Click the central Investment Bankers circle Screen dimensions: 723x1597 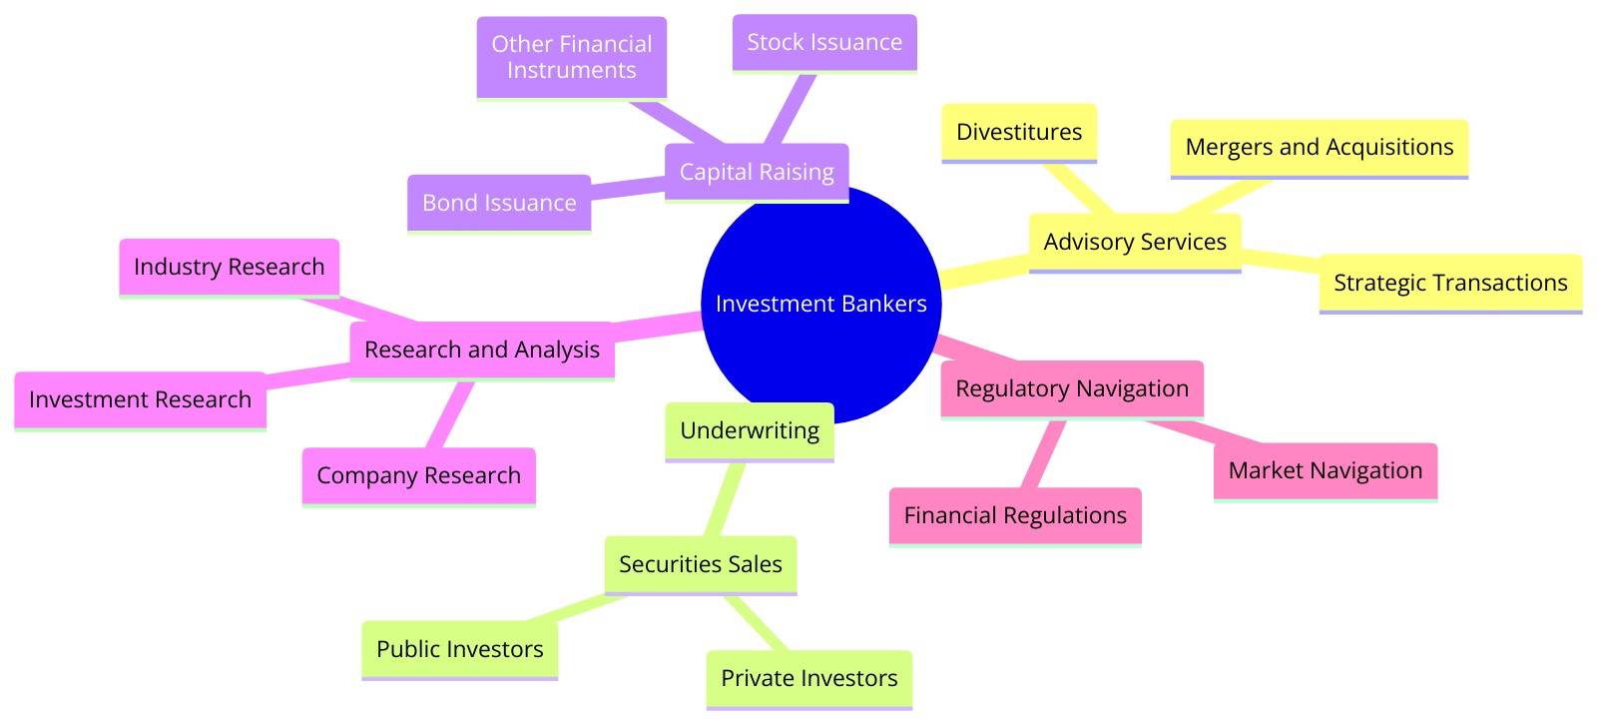[x=821, y=304]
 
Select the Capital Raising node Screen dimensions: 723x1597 [x=757, y=172]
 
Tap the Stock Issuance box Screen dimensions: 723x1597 [x=824, y=42]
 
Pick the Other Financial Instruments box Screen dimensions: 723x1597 [x=571, y=57]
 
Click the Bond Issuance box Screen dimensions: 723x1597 [x=499, y=203]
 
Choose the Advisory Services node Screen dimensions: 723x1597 [x=1135, y=242]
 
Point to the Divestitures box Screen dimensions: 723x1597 [x=1019, y=132]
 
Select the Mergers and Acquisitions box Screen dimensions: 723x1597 [x=1319, y=148]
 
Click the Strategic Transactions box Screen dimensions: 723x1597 [x=1450, y=283]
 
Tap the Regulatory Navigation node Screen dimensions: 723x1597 [x=1072, y=388]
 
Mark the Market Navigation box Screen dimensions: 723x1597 [x=1326, y=470]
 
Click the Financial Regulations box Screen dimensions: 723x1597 [x=1015, y=515]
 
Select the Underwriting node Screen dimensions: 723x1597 [x=750, y=430]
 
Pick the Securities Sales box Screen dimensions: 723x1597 [x=701, y=564]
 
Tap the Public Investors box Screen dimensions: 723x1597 [x=460, y=649]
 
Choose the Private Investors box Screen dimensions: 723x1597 [x=809, y=678]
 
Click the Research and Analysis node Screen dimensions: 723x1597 [x=482, y=350]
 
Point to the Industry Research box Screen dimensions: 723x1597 [x=230, y=267]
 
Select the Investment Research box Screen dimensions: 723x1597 [x=140, y=399]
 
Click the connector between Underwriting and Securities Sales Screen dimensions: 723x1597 [x=726, y=498]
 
